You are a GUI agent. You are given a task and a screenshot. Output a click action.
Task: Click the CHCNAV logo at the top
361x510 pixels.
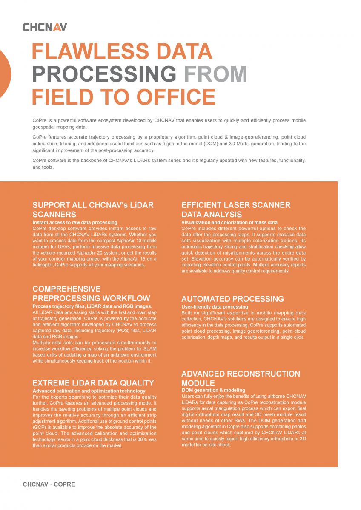pyautogui.click(x=45, y=27)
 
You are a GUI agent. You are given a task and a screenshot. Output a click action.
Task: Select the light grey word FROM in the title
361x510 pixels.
pyautogui.click(x=215, y=74)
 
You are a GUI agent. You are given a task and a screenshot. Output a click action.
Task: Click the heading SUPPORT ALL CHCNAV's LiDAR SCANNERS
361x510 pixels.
pyautogui.click(x=93, y=210)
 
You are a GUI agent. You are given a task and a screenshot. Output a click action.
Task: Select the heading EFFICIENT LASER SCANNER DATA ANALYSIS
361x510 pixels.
pyautogui.click(x=236, y=210)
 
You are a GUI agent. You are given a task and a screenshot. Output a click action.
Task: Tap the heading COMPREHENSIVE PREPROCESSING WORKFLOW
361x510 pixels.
pyautogui.click(x=91, y=294)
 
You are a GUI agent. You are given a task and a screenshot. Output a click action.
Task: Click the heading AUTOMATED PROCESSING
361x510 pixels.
pyautogui.click(x=232, y=299)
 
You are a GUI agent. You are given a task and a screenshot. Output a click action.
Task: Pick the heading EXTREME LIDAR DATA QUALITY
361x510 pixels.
pyautogui.click(x=93, y=383)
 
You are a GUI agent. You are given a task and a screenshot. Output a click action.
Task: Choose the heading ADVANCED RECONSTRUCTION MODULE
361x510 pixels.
pyautogui.click(x=241, y=378)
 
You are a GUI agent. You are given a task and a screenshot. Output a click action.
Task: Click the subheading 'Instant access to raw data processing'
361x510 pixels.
pyautogui.click(x=75, y=222)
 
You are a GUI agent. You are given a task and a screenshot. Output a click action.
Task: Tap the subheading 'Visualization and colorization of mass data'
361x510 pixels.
pyautogui.click(x=229, y=222)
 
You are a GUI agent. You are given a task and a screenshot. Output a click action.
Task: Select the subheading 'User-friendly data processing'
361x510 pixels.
pyautogui.click(x=215, y=307)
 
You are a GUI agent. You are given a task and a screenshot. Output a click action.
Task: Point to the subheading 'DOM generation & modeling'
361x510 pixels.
pyautogui.click(x=213, y=390)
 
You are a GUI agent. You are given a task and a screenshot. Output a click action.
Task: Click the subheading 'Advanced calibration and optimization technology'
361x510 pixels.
pyautogui.click(x=89, y=391)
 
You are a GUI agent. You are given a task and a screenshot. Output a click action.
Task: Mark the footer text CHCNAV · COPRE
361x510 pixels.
pyautogui.click(x=49, y=484)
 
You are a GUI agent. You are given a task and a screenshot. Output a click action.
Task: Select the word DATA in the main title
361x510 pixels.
pyautogui.click(x=183, y=52)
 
